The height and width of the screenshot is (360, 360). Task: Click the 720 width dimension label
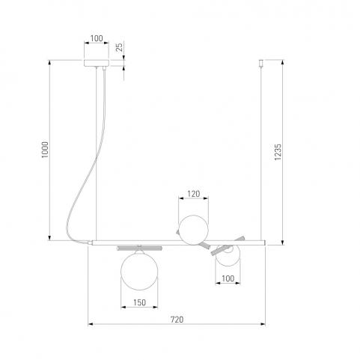point(177,320)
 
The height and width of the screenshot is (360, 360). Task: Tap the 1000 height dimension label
point(45,150)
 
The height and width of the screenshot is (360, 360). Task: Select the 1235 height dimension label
point(278,152)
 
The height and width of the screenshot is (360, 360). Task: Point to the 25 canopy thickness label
point(120,47)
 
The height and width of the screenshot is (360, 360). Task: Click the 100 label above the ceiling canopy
point(97,38)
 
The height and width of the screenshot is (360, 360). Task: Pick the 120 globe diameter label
point(194,194)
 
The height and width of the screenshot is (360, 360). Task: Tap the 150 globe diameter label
point(139,302)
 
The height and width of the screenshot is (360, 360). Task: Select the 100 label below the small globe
point(228,278)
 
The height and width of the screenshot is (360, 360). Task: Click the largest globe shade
point(139,271)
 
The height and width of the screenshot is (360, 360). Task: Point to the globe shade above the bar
point(194,230)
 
